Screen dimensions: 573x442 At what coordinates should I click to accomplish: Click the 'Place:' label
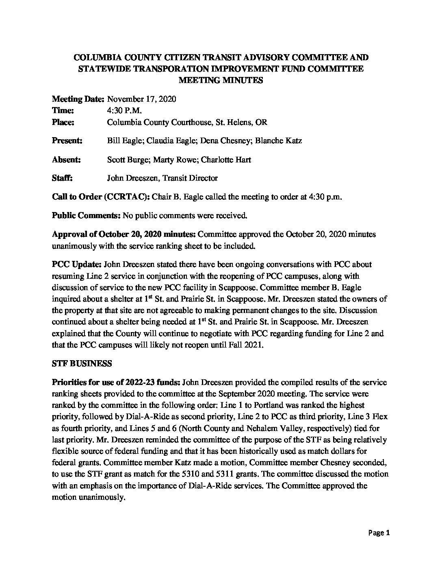[63, 122]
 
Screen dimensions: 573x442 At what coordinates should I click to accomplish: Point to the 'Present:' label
[67, 141]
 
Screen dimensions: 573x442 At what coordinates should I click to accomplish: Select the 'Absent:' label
[66, 160]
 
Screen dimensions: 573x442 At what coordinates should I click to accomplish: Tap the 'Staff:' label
[62, 178]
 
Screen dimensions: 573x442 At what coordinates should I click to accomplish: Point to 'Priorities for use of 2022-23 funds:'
[116, 382]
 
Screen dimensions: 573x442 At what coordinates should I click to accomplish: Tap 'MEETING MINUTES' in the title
[221, 80]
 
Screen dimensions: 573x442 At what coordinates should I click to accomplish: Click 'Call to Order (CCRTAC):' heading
[101, 197]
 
